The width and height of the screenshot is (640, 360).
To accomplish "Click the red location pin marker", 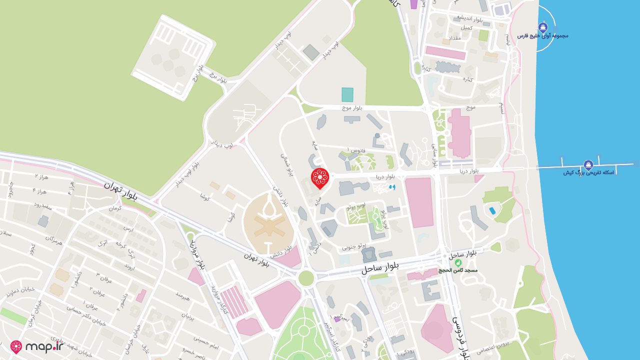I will coord(319,178).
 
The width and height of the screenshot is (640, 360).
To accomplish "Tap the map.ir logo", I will coord(37,346).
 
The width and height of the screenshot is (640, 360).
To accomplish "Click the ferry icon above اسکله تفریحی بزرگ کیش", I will coord(588,165).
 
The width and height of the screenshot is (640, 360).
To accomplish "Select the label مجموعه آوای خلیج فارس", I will coord(542,36).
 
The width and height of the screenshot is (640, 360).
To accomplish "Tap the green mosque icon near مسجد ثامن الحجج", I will coord(457,262).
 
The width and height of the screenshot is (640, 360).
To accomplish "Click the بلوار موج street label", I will coord(352,107).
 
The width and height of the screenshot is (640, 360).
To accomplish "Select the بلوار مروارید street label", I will coord(196,254).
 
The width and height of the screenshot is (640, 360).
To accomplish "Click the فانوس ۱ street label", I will coord(357,150).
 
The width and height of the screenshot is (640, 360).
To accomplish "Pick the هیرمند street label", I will coord(182,296).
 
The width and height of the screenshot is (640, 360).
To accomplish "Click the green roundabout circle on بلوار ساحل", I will coord(306,278).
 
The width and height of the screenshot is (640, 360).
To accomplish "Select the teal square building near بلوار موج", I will coord(347,94).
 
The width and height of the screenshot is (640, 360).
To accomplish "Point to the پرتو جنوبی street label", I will coord(354,246).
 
